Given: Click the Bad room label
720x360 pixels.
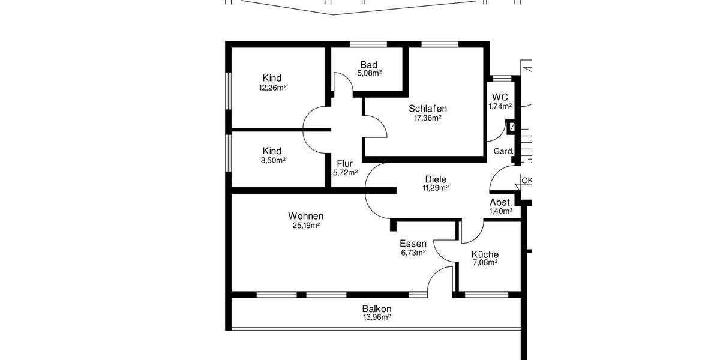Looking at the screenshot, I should [x=369, y=65].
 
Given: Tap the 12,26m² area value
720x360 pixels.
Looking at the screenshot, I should [x=272, y=88].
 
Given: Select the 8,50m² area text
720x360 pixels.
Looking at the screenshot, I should [x=272, y=160].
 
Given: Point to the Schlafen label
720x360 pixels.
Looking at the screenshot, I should [x=428, y=109].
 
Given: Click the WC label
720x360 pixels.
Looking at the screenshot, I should [x=500, y=97].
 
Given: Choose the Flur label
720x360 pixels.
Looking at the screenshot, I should [x=344, y=163].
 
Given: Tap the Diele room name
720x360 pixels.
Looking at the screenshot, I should [x=436, y=179].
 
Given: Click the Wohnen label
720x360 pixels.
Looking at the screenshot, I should [x=306, y=216].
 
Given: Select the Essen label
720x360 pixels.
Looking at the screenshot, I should [x=413, y=244].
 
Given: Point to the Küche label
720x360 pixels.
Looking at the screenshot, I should [x=485, y=254].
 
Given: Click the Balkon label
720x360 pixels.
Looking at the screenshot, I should [x=377, y=308].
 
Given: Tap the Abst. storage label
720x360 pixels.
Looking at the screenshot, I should [x=500, y=202].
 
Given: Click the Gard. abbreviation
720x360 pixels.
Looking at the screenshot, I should [x=503, y=151].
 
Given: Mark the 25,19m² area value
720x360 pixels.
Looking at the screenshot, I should [x=306, y=226].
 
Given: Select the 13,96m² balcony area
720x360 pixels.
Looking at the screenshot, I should [x=377, y=317].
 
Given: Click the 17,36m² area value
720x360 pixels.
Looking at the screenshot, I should [x=428, y=118].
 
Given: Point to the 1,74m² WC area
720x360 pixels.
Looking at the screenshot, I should [x=500, y=106].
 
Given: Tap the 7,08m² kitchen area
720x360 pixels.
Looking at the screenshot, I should [x=485, y=262].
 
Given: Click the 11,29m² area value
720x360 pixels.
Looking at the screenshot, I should [x=436, y=188].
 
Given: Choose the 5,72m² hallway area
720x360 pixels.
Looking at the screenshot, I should [x=345, y=173].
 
